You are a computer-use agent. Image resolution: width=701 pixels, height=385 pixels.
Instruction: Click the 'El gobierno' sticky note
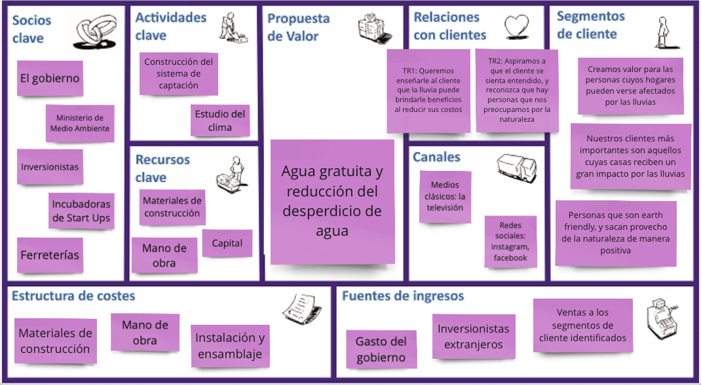pyautogui.click(x=50, y=79)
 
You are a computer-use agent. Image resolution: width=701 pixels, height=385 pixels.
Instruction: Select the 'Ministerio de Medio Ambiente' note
pyautogui.click(x=80, y=123)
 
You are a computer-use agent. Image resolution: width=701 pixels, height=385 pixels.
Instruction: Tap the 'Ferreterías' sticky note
pyautogui.click(x=50, y=255)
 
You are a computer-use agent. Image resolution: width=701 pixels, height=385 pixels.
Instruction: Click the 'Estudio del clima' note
pyautogui.click(x=220, y=120)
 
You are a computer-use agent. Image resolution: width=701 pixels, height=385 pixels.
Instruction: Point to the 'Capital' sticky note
pyautogui.click(x=227, y=243)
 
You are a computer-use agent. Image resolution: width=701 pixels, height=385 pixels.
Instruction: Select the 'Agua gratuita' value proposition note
pyautogui.click(x=332, y=201)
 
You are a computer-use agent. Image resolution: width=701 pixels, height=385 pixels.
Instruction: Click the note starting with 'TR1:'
pyautogui.click(x=428, y=90)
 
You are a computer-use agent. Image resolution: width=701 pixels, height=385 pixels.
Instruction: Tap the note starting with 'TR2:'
pyautogui.click(x=517, y=90)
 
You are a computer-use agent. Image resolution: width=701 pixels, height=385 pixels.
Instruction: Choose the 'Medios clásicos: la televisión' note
pyautogui.click(x=444, y=196)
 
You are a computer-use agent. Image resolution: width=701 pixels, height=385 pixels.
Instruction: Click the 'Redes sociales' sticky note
pyautogui.click(x=510, y=242)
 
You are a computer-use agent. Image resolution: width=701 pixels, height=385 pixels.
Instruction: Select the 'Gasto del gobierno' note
pyautogui.click(x=381, y=349)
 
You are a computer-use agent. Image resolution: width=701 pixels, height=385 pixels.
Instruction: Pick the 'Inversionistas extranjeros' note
pyautogui.click(x=473, y=337)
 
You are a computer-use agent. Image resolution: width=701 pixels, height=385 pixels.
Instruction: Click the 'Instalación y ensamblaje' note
pyautogui.click(x=230, y=346)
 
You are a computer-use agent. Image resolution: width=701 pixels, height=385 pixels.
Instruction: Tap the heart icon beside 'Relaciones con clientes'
pyautogui.click(x=517, y=27)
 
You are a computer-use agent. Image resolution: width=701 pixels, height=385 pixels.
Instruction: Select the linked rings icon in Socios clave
pyautogui.click(x=96, y=33)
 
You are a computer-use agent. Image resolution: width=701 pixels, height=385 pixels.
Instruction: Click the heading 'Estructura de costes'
pyautogui.click(x=73, y=296)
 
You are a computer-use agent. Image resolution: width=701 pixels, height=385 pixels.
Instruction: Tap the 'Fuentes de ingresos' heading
pyautogui.click(x=402, y=296)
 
